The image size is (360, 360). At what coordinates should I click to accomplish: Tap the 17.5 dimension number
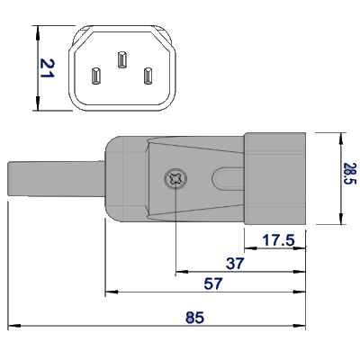tap(279, 241)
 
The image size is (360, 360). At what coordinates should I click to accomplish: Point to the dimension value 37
tap(236, 263)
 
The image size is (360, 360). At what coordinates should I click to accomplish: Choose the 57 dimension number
tap(213, 283)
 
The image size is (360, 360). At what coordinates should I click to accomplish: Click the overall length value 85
tap(193, 316)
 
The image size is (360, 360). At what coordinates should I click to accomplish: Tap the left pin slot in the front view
tap(95, 76)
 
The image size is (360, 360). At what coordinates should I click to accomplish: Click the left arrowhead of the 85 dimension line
tap(12, 325)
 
